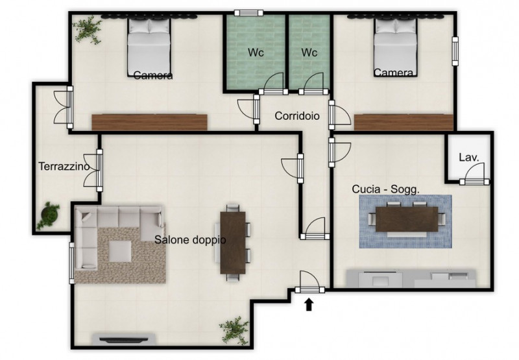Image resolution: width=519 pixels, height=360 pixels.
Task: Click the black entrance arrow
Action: [x=309, y=304]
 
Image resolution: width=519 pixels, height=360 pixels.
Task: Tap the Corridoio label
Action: [x=297, y=116]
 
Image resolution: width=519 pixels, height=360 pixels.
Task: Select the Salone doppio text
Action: [x=190, y=239]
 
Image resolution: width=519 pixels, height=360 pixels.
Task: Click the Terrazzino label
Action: [x=64, y=166]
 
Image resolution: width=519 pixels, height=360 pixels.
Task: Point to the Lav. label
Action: [x=469, y=158]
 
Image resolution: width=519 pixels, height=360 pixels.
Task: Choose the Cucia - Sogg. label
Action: [x=385, y=189]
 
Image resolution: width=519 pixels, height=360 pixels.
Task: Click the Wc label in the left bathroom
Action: [x=256, y=53]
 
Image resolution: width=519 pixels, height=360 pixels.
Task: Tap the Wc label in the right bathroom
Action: [x=309, y=53]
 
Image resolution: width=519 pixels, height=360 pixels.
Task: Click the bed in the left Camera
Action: [x=149, y=47]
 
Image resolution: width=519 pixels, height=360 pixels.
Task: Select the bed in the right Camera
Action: [x=395, y=47]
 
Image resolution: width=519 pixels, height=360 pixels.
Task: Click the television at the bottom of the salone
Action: [x=124, y=339]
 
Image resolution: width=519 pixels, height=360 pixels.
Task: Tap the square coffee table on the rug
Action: [x=120, y=251]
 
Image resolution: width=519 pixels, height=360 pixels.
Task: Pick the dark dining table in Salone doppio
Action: [x=233, y=243]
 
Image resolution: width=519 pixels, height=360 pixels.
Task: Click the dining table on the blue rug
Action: [x=407, y=219]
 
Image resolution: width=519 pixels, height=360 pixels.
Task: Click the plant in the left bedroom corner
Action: [x=88, y=29]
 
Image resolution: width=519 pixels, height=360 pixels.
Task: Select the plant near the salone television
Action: [x=234, y=330]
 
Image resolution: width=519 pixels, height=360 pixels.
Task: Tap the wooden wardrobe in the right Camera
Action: [x=404, y=122]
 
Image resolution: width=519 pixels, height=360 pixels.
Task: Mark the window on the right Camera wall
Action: [x=455, y=51]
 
